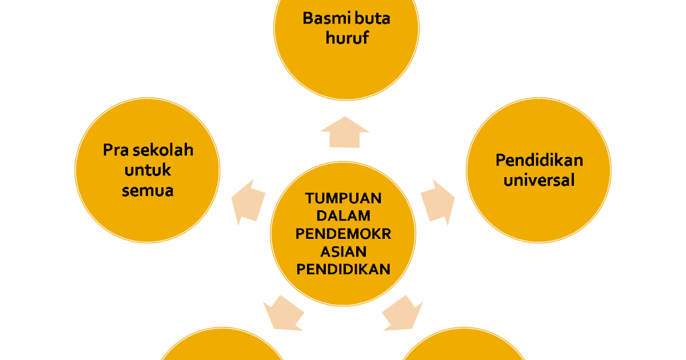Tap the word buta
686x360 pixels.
pyautogui.click(x=372, y=18)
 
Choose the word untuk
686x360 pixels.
pyautogui.click(x=147, y=170)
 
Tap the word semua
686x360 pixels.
pyautogui.click(x=147, y=190)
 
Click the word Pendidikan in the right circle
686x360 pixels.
pyautogui.click(x=539, y=160)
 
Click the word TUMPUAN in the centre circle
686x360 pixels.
pyautogui.click(x=343, y=198)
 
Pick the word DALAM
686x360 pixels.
pyautogui.click(x=343, y=216)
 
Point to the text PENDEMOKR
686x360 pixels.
pyautogui.click(x=343, y=234)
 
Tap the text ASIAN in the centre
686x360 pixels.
pyautogui.click(x=343, y=251)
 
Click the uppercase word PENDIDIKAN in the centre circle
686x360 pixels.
pyautogui.click(x=343, y=269)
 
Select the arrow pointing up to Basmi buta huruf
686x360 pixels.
pyautogui.click(x=345, y=133)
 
